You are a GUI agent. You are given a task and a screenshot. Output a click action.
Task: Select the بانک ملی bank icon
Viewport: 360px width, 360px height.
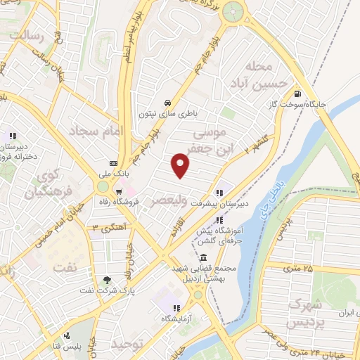click(113, 164)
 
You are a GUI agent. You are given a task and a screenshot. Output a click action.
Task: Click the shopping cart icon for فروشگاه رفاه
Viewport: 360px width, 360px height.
click(120, 190)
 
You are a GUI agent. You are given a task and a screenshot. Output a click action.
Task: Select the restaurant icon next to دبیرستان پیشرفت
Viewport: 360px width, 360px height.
click(220, 193)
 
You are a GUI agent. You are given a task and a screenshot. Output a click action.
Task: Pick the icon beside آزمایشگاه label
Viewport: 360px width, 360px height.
click(176, 308)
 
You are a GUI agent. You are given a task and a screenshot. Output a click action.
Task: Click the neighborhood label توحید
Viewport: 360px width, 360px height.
click(127, 345)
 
